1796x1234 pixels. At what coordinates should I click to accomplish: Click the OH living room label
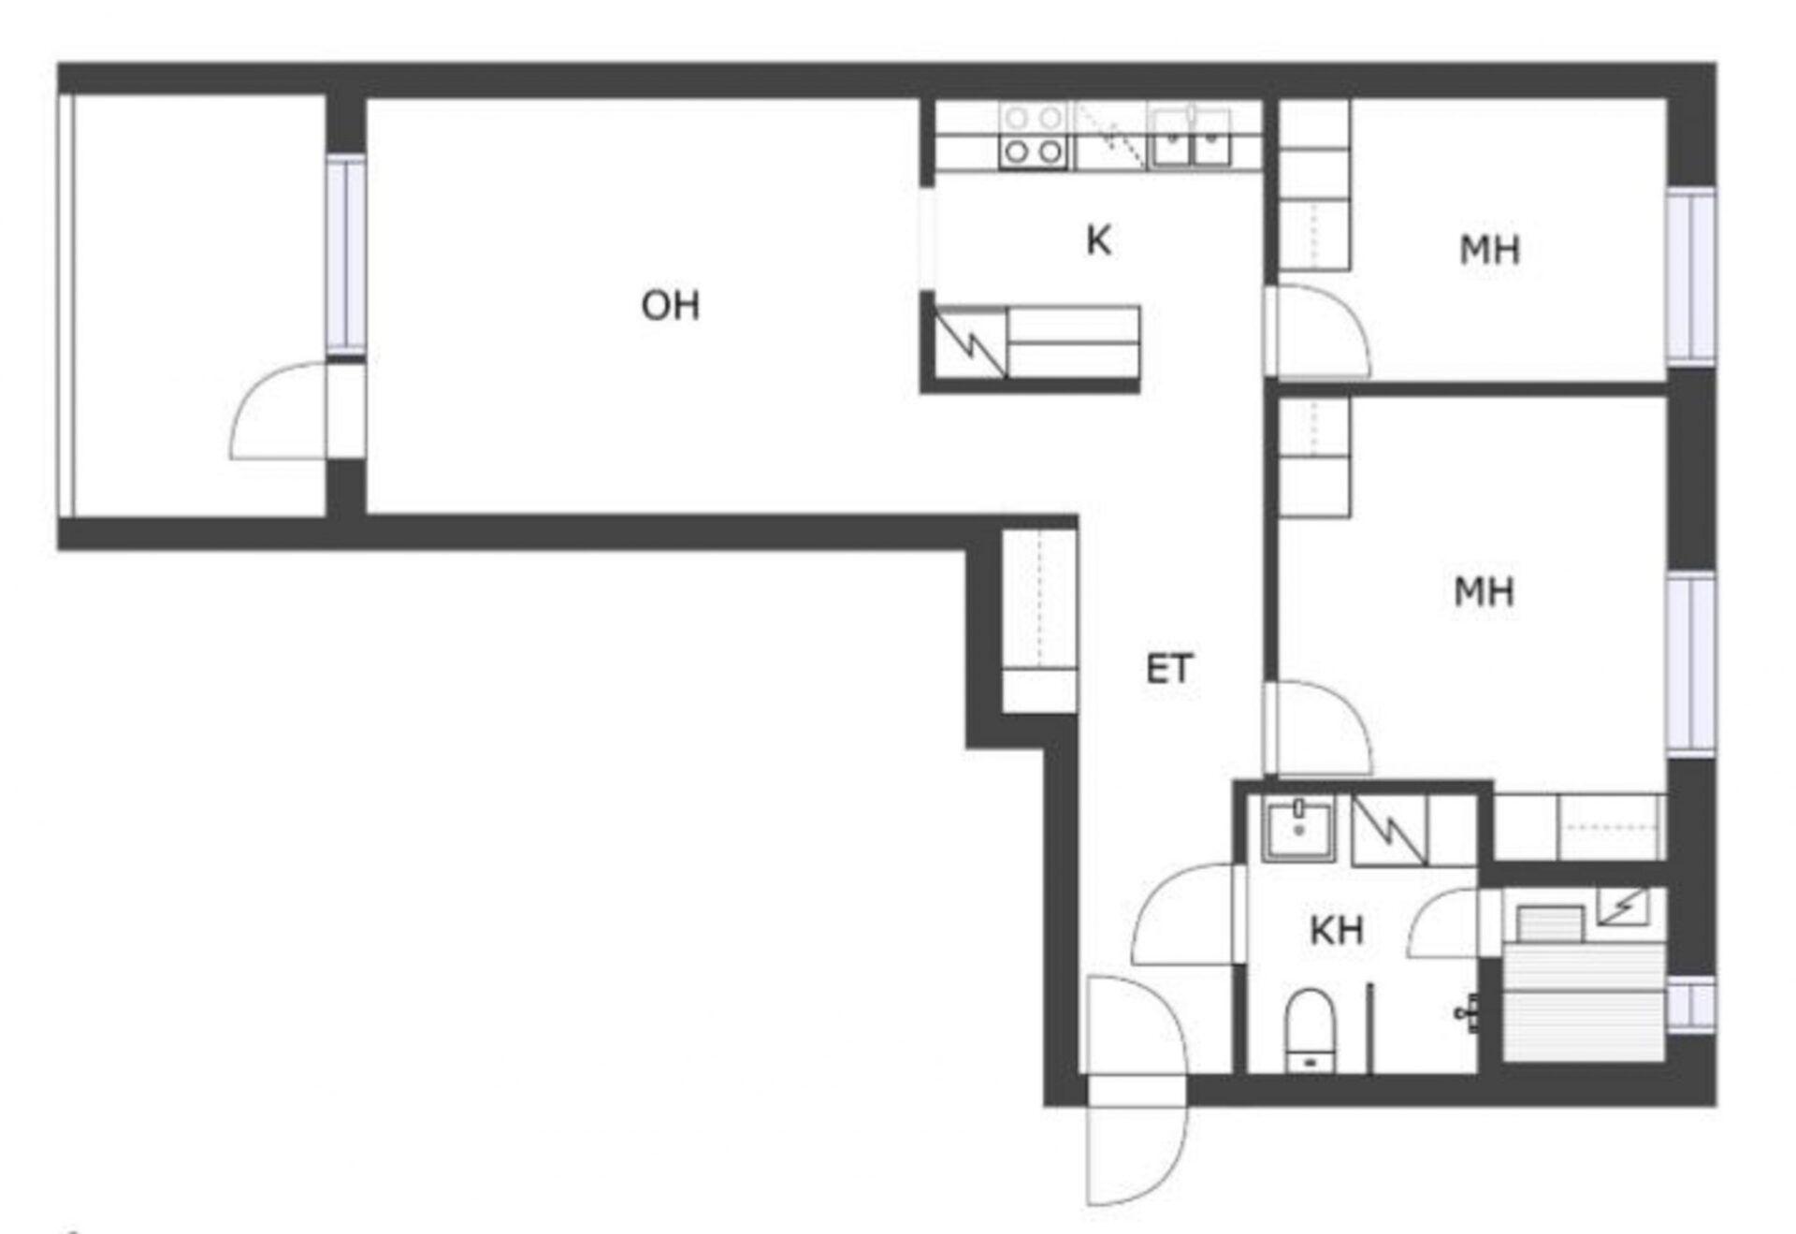[670, 306]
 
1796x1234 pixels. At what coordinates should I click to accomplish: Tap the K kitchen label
[1098, 240]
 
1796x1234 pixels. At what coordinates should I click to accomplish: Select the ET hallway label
[1169, 669]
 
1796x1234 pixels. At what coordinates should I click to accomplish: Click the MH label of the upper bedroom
[1489, 250]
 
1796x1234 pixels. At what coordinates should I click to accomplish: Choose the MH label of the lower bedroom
[1484, 591]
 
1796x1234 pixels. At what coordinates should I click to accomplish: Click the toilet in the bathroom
[1310, 1030]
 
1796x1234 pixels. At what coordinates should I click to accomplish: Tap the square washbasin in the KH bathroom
[1298, 827]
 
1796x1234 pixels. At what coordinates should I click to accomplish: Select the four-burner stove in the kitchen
[1033, 136]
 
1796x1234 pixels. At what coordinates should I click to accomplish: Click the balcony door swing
[281, 412]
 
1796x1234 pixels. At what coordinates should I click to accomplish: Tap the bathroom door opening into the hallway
[1188, 914]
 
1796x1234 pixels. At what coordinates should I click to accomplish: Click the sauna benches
[1583, 1001]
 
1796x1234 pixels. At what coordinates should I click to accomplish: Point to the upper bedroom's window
[1692, 276]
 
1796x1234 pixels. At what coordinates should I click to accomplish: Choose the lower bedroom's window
[1692, 664]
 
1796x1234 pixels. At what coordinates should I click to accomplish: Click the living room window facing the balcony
[345, 254]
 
